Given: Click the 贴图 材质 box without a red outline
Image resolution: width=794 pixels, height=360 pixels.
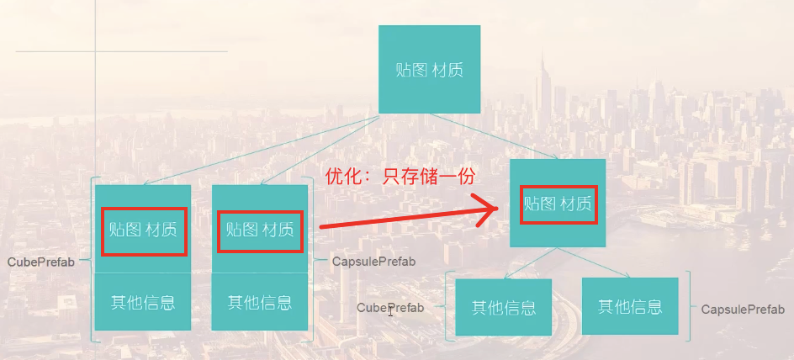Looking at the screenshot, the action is point(429,69).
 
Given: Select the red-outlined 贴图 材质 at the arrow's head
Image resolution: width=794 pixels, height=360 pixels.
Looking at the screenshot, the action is point(558,203).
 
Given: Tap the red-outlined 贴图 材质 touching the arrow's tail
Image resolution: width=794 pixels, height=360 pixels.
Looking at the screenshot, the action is point(260,229).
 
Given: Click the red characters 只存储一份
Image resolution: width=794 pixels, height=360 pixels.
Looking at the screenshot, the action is point(429,176).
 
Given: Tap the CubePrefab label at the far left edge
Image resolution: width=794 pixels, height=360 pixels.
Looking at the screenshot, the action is point(41,262).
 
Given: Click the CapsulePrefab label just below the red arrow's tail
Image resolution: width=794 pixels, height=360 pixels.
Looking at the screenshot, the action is point(373,262).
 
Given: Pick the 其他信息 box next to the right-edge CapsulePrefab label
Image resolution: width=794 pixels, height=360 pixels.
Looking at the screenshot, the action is point(630,307).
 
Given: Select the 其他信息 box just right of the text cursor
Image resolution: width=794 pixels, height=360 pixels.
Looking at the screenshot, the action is point(504,308).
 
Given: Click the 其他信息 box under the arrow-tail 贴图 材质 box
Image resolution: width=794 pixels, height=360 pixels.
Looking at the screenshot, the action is point(260,302).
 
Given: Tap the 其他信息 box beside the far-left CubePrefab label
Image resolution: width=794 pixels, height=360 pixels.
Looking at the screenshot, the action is point(143,302).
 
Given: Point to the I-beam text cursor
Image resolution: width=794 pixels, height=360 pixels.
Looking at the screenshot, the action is point(390,312).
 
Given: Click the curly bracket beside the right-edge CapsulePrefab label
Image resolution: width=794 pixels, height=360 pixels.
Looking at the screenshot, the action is point(690,306).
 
